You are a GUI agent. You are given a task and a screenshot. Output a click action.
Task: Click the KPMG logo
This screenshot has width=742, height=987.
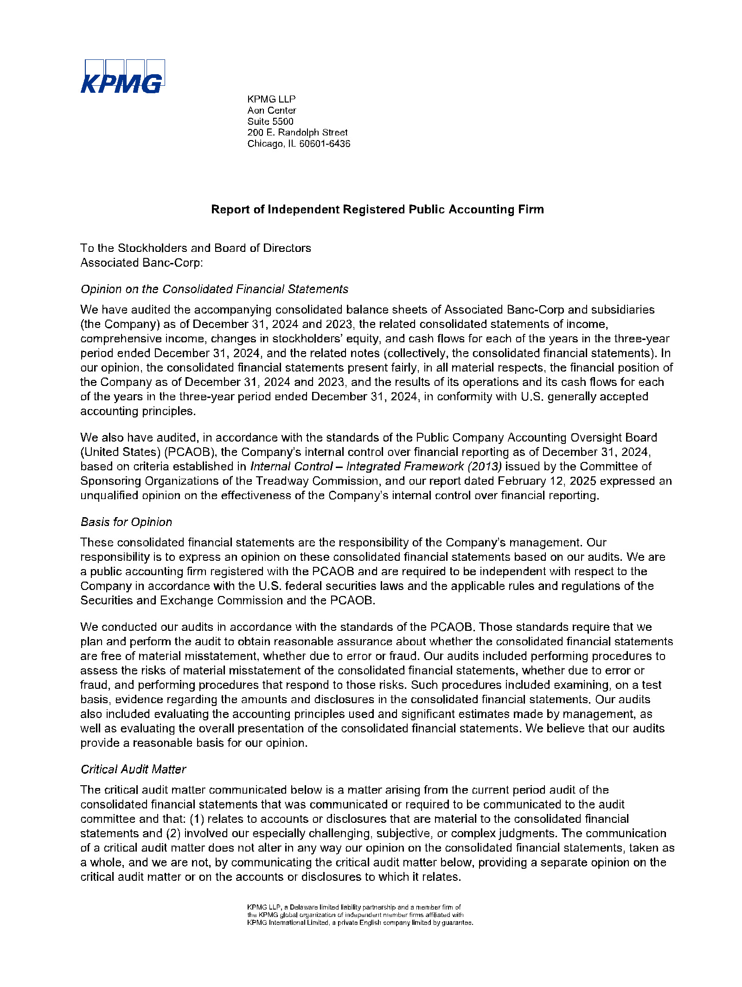coord(122,77)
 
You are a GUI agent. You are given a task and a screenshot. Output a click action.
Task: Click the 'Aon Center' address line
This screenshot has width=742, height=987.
coord(271,110)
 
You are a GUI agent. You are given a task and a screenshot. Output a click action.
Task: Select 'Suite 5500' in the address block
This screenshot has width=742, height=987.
coord(270,122)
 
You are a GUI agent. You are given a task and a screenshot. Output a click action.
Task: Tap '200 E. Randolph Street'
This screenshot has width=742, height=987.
coord(297,133)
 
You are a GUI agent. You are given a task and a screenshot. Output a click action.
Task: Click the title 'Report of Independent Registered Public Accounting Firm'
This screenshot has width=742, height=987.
coord(377,209)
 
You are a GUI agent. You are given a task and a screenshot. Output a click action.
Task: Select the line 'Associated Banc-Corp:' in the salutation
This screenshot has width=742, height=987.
coord(141,263)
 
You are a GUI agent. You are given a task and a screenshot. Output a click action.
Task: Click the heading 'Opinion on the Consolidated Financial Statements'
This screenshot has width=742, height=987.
coord(214,289)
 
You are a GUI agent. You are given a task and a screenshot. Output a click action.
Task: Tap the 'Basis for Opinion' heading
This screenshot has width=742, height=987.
coord(126,522)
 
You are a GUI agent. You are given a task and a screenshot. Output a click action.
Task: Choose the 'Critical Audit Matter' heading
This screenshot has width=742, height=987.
coord(133,769)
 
